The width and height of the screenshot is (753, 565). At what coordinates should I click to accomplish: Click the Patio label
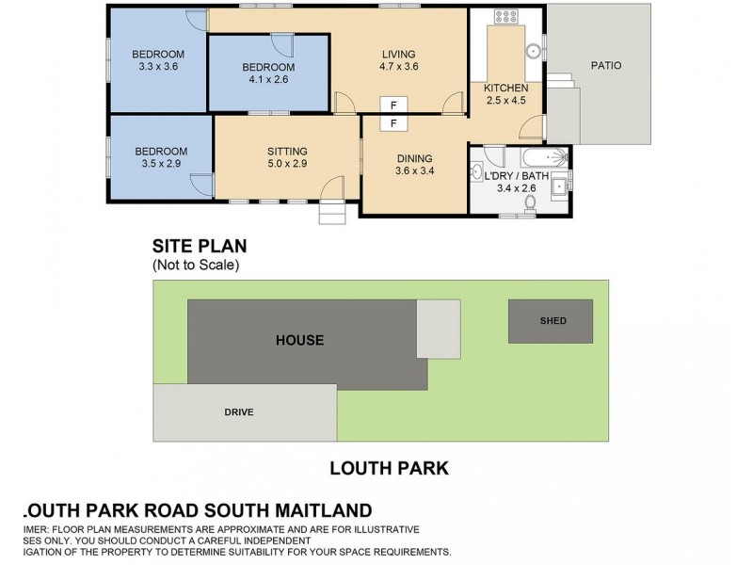605,66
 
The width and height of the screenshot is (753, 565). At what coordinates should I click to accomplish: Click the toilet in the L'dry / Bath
531,202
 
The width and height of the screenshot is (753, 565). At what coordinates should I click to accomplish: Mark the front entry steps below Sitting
333,215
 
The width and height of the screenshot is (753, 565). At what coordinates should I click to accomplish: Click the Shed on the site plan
552,321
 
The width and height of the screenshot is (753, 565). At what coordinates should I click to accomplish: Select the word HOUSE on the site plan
300,340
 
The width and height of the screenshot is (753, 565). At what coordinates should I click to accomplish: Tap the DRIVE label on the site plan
239,412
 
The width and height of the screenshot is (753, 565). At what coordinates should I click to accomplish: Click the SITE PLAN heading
200,247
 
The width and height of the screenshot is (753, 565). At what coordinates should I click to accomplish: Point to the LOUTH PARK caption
388,467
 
